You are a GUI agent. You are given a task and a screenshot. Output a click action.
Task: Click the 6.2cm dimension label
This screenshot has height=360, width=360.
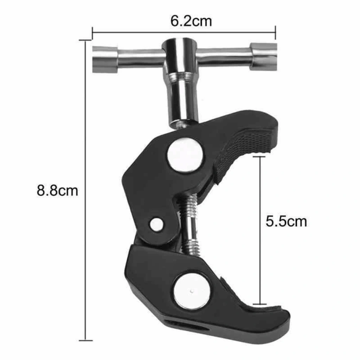191,21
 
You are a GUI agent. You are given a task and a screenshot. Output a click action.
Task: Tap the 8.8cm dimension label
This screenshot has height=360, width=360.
57,190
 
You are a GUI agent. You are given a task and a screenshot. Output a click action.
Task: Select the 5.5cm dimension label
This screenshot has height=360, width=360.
286,221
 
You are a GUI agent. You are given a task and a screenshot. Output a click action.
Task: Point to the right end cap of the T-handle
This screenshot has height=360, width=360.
264,57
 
